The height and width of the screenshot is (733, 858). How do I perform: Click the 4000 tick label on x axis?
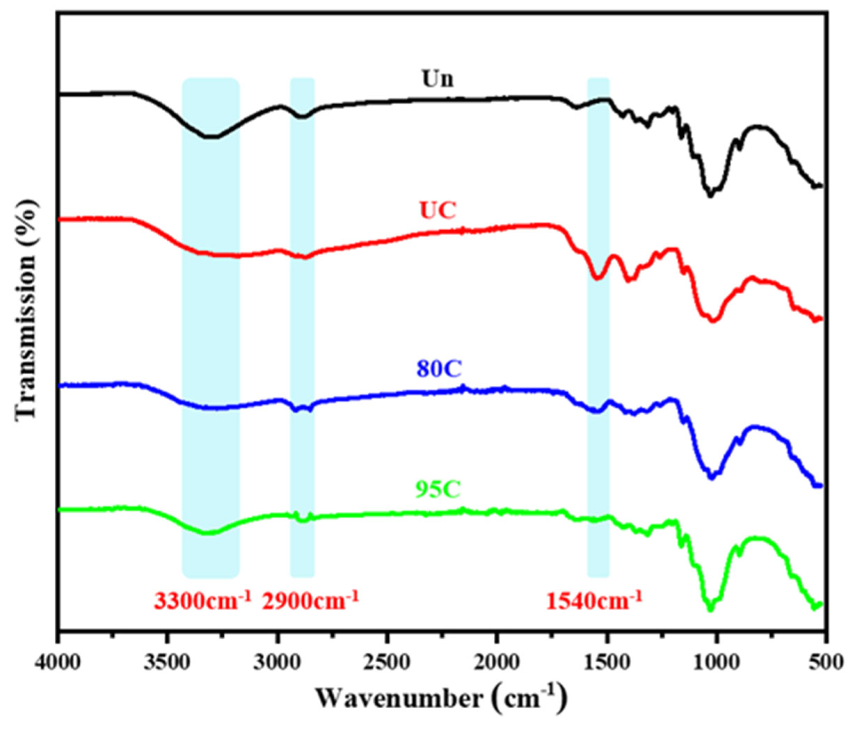pyautogui.click(x=59, y=663)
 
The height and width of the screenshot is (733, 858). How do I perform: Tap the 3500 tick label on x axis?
pyautogui.click(x=168, y=663)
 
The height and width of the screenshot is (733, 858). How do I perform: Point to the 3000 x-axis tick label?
pyautogui.click(x=277, y=663)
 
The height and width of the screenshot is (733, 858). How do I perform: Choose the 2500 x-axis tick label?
pyautogui.click(x=387, y=663)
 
